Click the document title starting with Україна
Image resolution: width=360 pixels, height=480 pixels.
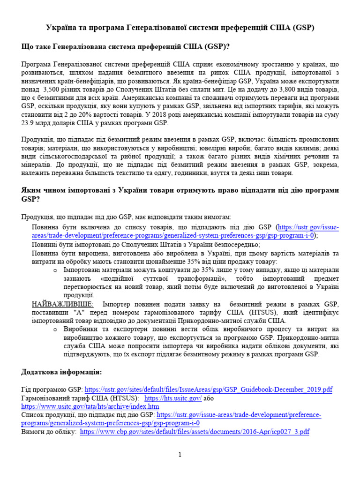(180, 28)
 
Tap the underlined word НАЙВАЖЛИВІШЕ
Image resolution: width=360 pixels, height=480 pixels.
(62, 304)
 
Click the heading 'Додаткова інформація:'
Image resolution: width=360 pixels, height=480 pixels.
(61, 372)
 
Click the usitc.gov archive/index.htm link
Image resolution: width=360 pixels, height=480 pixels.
(90, 406)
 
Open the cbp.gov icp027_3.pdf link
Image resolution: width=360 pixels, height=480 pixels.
(195, 432)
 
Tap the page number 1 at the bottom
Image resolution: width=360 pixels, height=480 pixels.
(180, 454)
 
